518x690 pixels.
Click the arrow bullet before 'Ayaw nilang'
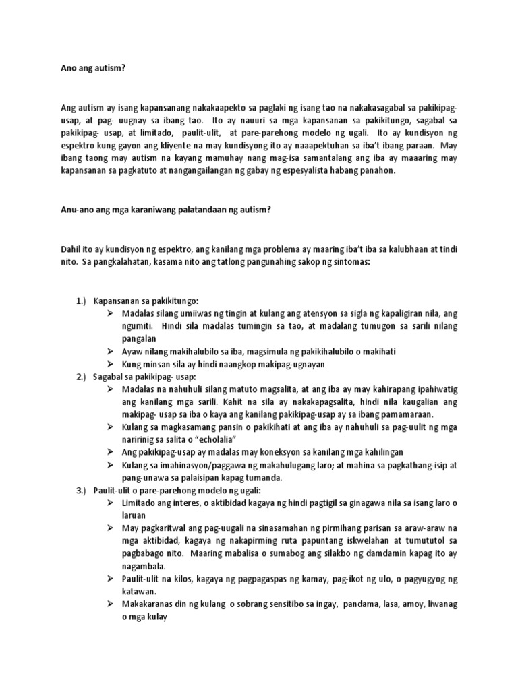pos(111,351)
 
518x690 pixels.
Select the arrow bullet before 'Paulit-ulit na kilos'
pos(111,579)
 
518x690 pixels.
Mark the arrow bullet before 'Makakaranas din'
pos(111,604)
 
